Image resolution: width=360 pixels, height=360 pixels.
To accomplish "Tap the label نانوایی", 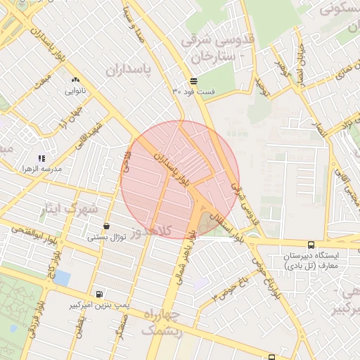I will tap(75, 91).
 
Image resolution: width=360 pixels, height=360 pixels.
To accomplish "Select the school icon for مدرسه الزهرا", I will tap(41, 159).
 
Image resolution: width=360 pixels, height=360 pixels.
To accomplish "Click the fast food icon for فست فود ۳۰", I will tap(194, 81).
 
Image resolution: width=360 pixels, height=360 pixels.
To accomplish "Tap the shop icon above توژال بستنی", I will tap(106, 226).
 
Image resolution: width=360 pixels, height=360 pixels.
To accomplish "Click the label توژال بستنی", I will tap(106, 237).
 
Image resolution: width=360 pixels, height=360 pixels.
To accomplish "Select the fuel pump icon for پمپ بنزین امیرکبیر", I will tap(98, 295).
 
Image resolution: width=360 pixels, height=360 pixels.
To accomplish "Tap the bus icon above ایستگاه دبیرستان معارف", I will tap(311, 244).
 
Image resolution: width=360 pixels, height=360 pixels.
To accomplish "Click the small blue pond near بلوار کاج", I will tap(62, 278).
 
